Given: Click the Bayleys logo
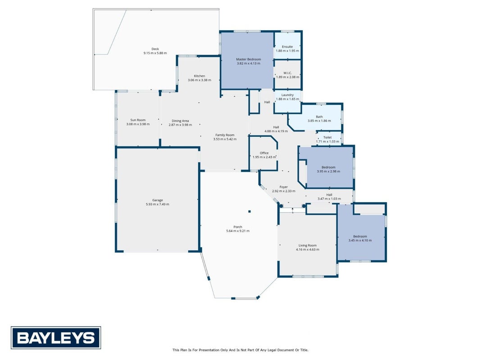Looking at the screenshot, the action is click(56, 337).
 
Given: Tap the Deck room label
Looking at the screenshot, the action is click(155, 49).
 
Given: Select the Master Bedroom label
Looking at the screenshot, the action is click(249, 59).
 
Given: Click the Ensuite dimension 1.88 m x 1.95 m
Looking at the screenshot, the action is click(287, 50).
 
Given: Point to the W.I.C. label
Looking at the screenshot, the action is click(287, 73).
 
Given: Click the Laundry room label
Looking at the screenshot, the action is click(287, 95).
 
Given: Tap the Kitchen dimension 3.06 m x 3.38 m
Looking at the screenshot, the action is click(200, 80).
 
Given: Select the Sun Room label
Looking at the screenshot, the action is click(138, 120).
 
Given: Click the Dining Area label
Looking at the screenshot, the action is click(180, 121).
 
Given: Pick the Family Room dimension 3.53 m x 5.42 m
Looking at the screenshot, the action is click(225, 139).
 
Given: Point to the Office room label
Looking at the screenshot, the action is click(264, 153).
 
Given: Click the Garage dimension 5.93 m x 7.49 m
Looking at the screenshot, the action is click(158, 204).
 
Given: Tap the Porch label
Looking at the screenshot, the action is click(238, 227).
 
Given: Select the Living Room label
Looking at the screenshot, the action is click(308, 245).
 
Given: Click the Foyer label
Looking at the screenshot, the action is click(284, 187).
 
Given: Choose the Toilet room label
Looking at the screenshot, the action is click(327, 137).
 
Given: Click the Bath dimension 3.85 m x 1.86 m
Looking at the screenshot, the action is click(319, 121).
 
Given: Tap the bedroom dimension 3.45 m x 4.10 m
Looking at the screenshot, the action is click(360, 240).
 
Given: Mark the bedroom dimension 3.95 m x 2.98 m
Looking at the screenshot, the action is click(328, 171).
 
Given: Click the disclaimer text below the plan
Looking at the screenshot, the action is click(240, 350).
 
